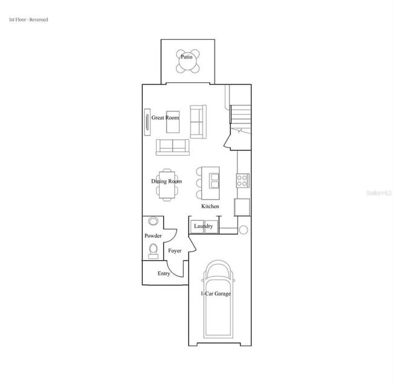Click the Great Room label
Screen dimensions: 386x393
click(x=165, y=118)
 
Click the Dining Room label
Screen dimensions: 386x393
click(x=166, y=181)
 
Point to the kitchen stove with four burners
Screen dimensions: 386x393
click(x=242, y=180)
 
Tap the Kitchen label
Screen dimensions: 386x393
click(x=210, y=206)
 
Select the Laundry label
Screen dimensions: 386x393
click(x=203, y=226)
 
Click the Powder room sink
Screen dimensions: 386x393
click(x=153, y=222)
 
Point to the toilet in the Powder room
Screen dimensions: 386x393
click(x=153, y=250)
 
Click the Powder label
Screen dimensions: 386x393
click(x=153, y=235)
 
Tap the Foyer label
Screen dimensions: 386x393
click(x=175, y=250)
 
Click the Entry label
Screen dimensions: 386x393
click(x=164, y=273)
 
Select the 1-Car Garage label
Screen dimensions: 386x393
click(x=216, y=294)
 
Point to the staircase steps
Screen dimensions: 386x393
click(x=241, y=114)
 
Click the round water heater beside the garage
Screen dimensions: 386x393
click(x=243, y=230)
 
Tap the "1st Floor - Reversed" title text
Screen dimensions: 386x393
click(x=28, y=20)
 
